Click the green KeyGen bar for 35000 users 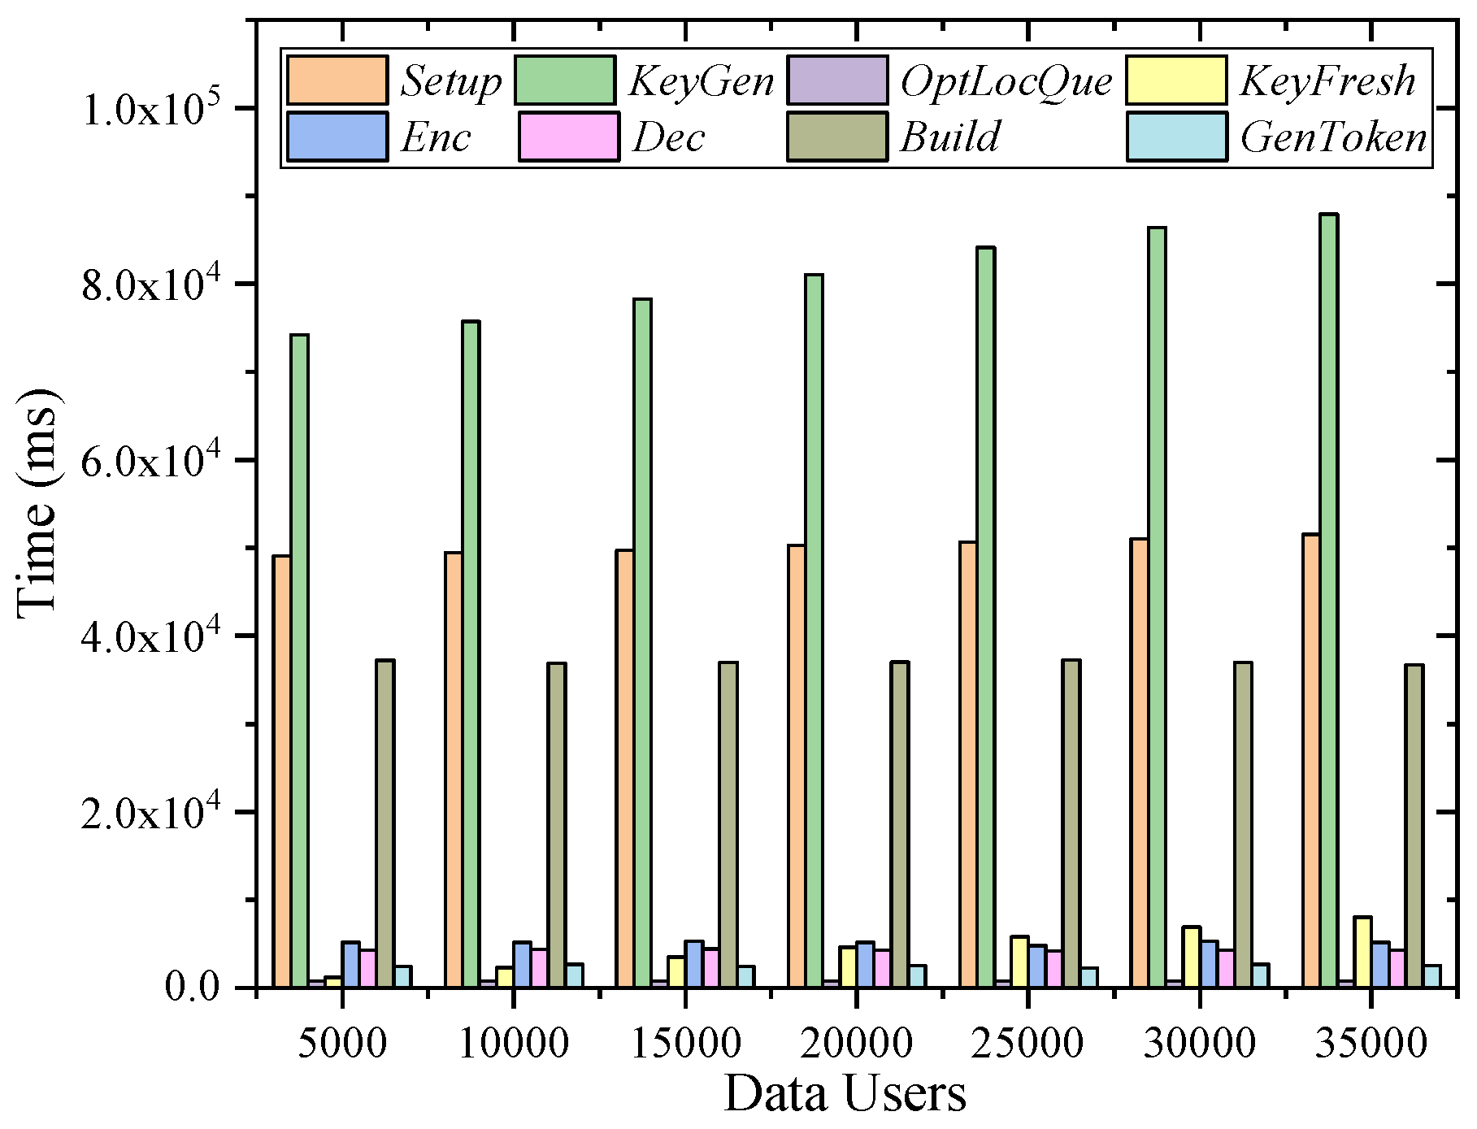pyautogui.click(x=1328, y=601)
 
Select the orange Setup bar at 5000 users pyautogui.click(x=281, y=772)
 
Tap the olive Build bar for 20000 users pyautogui.click(x=899, y=825)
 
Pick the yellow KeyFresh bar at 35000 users pyautogui.click(x=1362, y=952)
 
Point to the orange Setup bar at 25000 pyautogui.click(x=967, y=764)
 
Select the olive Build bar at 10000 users pyautogui.click(x=556, y=825)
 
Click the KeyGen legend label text pyautogui.click(x=701, y=80)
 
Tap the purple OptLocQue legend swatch pyautogui.click(x=836, y=80)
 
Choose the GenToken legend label pyautogui.click(x=1333, y=137)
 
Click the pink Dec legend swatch pyautogui.click(x=568, y=137)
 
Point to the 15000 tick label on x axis pyautogui.click(x=685, y=1043)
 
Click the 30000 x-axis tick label pyautogui.click(x=1199, y=1043)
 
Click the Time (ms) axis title pyautogui.click(x=37, y=504)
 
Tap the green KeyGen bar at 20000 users pyautogui.click(x=814, y=631)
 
